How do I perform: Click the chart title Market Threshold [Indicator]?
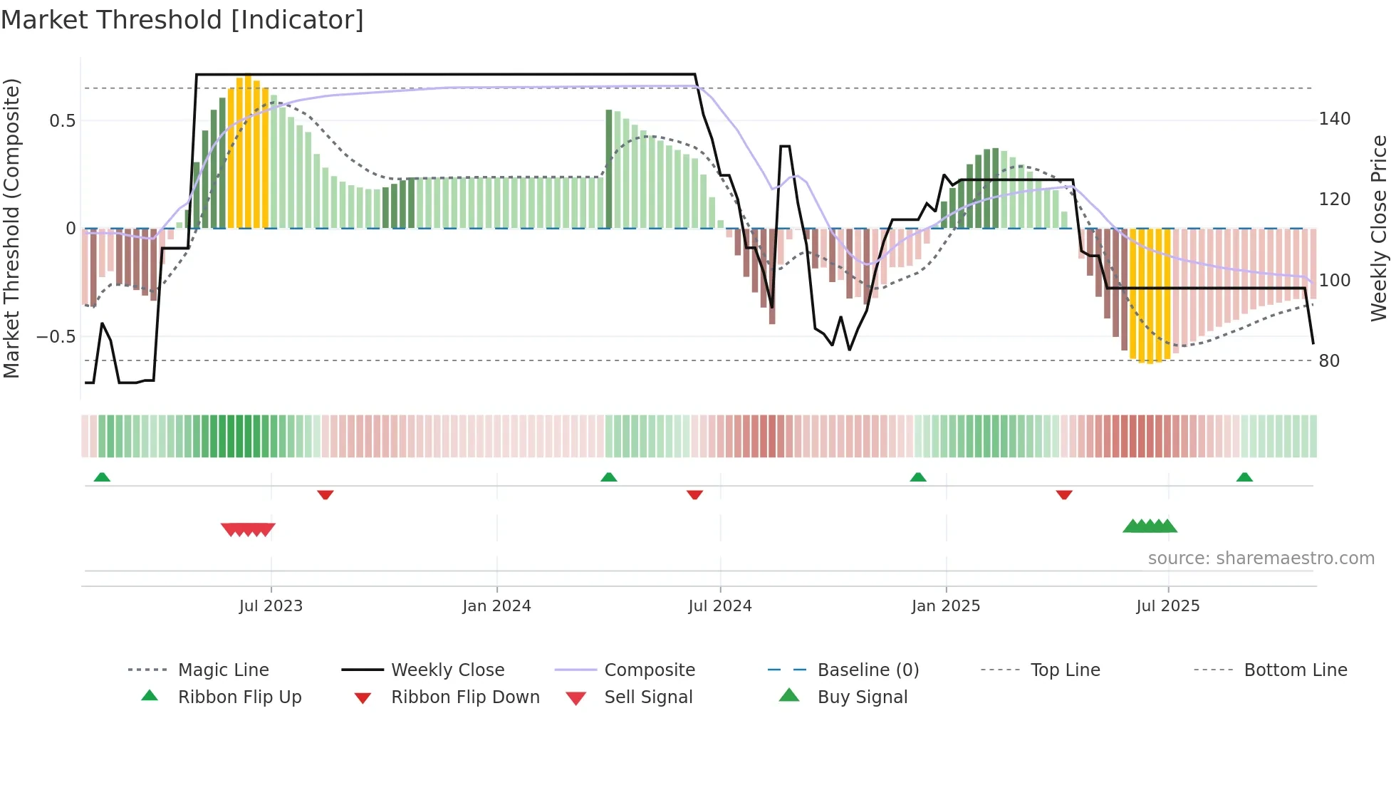(x=182, y=20)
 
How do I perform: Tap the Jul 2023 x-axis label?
(x=271, y=606)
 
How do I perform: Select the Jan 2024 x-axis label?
(x=496, y=606)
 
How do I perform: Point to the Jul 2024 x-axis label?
(x=719, y=606)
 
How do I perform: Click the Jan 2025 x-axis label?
(x=945, y=606)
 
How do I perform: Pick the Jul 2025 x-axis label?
(x=1167, y=606)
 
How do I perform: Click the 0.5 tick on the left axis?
(x=63, y=121)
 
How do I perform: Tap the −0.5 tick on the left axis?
(x=56, y=336)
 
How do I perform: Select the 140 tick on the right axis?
(x=1334, y=119)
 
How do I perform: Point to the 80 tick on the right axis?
(x=1329, y=361)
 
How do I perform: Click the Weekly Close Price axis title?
(x=1379, y=228)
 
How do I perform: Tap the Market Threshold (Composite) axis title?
(x=11, y=228)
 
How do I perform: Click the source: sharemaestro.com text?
(x=1261, y=558)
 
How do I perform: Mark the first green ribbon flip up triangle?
(x=102, y=477)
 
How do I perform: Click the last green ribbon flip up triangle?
(x=1244, y=477)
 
